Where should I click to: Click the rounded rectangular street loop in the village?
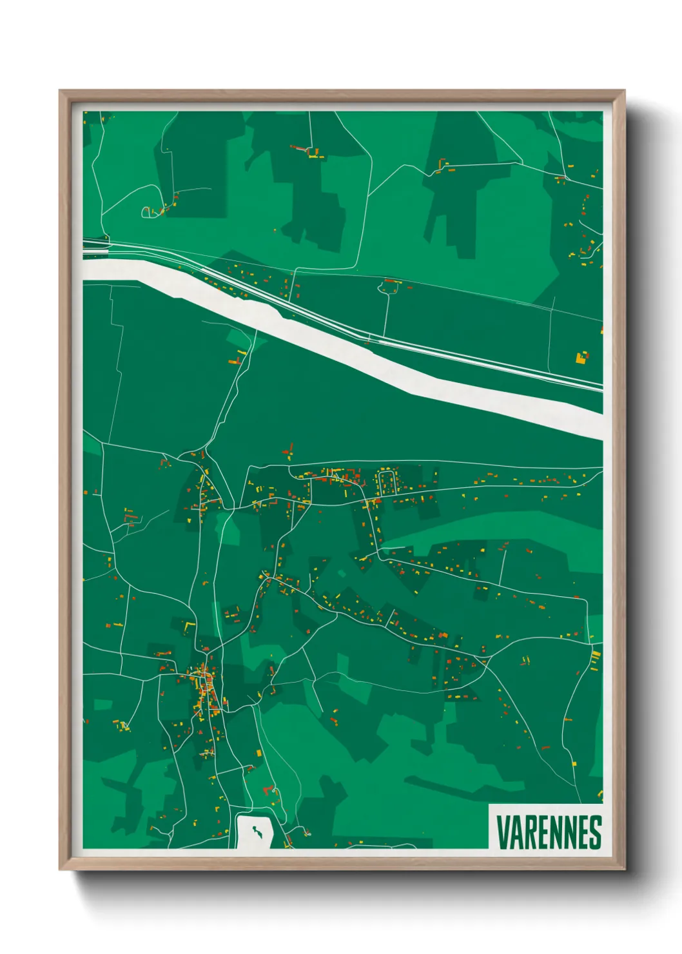click(387, 482)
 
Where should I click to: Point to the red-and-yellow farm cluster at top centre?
click(308, 152)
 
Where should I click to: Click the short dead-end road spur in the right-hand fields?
click(503, 561)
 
